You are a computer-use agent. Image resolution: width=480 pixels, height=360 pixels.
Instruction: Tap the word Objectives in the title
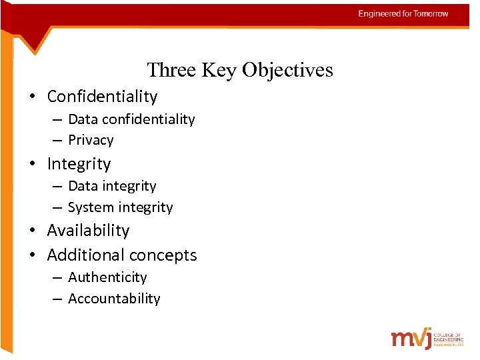(x=287, y=70)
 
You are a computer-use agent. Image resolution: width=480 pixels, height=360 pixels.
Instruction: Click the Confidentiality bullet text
(x=102, y=97)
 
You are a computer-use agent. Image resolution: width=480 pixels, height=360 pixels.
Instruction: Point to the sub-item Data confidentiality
(x=131, y=119)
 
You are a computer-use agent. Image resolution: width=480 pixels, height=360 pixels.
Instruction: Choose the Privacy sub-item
(x=91, y=140)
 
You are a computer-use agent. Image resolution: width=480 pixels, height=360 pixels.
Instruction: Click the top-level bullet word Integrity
(x=79, y=164)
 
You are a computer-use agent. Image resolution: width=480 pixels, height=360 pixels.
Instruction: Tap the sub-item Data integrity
(x=112, y=186)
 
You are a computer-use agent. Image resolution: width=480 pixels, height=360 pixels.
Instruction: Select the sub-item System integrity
(x=120, y=207)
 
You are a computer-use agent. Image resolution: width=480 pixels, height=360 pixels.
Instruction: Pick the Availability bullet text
(x=88, y=231)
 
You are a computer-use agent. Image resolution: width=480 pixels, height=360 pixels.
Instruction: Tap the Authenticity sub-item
(x=107, y=277)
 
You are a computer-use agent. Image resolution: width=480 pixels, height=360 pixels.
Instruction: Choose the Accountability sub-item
(x=114, y=299)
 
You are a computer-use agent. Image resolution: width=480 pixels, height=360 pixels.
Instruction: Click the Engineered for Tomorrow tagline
(x=403, y=13)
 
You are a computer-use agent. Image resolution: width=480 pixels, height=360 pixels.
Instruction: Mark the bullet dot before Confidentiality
(x=32, y=97)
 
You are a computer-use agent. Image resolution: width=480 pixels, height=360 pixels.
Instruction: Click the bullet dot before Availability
(x=32, y=231)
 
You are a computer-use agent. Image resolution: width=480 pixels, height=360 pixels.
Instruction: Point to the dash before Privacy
(x=56, y=141)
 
